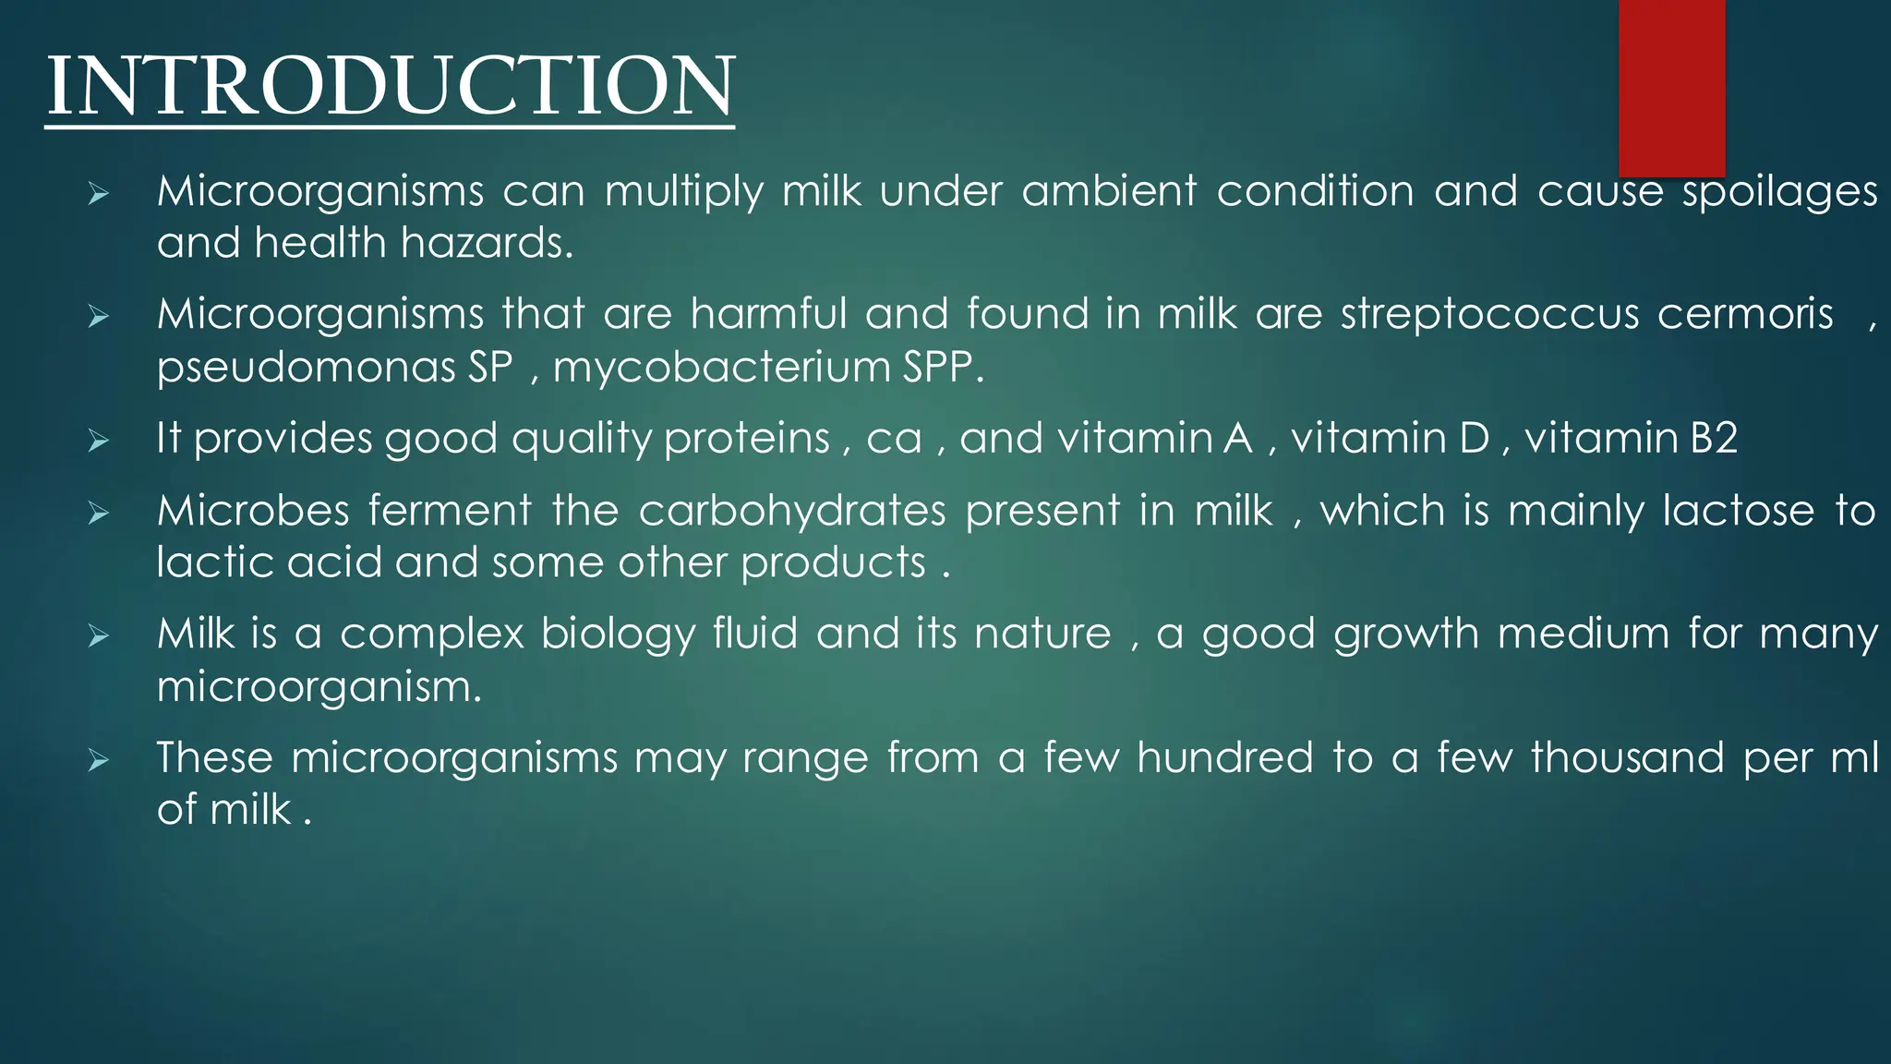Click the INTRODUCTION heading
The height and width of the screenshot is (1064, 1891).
click(x=390, y=86)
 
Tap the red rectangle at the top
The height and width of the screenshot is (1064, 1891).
click(x=1671, y=88)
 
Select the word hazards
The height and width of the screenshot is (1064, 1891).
click(x=486, y=244)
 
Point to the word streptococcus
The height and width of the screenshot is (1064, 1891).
click(x=1489, y=314)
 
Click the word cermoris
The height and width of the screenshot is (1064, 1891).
click(x=1744, y=314)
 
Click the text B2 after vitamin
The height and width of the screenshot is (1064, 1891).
click(x=1714, y=438)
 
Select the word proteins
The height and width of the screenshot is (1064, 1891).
click(x=746, y=438)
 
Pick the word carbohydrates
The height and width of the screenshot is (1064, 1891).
click(x=791, y=511)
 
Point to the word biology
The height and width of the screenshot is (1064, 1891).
click(x=617, y=635)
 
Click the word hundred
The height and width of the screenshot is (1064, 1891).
click(x=1223, y=758)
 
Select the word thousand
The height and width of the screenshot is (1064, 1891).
click(x=1627, y=758)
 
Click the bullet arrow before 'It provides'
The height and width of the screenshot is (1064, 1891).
click(x=99, y=441)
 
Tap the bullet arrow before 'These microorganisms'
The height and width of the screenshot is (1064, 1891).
click(x=99, y=761)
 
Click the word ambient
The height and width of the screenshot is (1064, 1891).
click(x=1108, y=192)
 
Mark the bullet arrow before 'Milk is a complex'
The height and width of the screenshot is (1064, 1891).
click(x=99, y=636)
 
